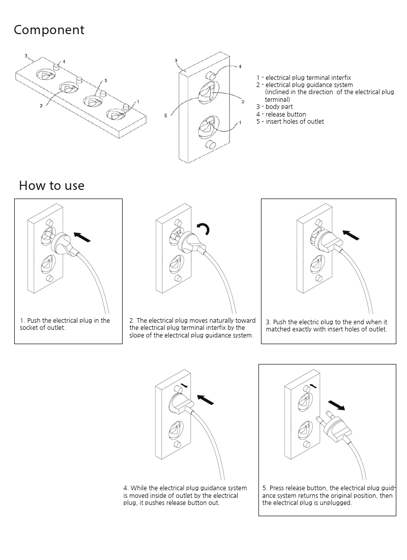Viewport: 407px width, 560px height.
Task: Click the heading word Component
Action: click(x=49, y=31)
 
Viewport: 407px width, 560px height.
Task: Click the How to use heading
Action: click(x=51, y=186)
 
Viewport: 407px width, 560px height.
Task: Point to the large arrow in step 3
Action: click(x=351, y=235)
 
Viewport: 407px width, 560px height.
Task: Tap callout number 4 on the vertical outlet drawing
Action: click(x=240, y=67)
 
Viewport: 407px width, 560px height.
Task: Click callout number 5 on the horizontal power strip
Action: click(x=105, y=80)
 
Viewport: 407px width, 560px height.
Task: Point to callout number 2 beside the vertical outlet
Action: click(x=243, y=102)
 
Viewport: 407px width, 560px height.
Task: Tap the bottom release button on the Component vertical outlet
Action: click(x=209, y=145)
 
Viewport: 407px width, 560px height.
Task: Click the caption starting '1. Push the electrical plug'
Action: click(x=65, y=324)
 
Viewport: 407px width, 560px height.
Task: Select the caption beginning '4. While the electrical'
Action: click(x=185, y=495)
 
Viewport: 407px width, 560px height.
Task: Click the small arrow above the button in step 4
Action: click(x=184, y=385)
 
